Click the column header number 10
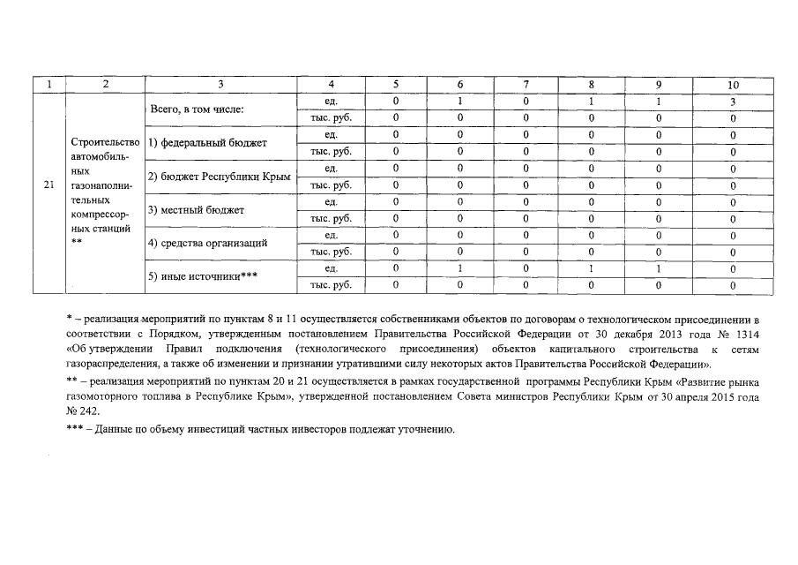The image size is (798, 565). [x=733, y=85]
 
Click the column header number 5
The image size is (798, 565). [x=396, y=85]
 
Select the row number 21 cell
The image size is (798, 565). [x=48, y=185]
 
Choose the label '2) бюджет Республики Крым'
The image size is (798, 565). [x=219, y=177]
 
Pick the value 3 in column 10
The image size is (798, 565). [x=733, y=102]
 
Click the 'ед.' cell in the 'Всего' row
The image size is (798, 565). [x=332, y=102]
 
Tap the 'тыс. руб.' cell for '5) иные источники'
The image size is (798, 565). [x=332, y=285]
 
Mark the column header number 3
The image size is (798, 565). [x=220, y=85]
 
